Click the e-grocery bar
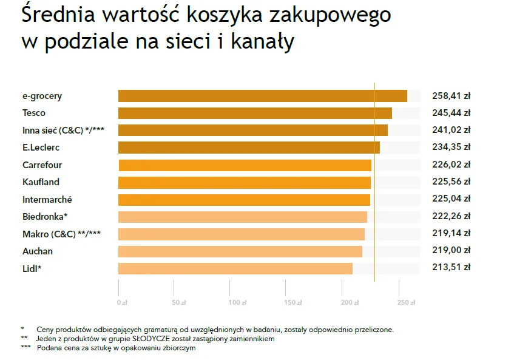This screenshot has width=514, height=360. pos(262,96)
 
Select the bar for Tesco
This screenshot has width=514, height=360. pos(255,113)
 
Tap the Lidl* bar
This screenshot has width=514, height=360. pos(235,268)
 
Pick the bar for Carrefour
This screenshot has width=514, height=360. pos(245,165)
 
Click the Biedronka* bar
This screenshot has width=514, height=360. pos(243,217)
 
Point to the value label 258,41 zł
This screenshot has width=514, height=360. pos(451,96)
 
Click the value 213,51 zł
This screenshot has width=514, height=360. pos(451,267)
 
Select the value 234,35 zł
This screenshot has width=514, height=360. pos(451,147)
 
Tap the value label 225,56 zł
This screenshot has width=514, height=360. pos(451,182)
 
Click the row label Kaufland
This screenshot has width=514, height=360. pos(41,182)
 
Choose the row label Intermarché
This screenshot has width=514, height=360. pos(47,199)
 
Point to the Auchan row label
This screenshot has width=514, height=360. pos(38,251)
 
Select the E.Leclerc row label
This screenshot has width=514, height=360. pos(41,148)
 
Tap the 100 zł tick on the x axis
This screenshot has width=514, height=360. pos(237,302)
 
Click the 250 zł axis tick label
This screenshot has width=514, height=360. pos(406,302)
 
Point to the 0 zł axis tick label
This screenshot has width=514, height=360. pos(121,302)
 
